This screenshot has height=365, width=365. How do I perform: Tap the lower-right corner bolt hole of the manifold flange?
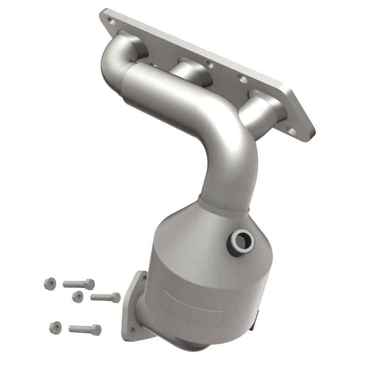(x=293, y=132)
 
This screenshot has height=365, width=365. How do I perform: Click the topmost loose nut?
(x=50, y=283)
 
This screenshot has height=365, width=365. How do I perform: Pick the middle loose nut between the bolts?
(x=78, y=296)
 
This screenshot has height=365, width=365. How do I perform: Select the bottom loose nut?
(x=55, y=327)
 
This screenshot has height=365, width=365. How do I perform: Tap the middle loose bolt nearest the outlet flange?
(x=106, y=297)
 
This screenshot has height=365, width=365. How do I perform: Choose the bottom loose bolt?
(x=85, y=328)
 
